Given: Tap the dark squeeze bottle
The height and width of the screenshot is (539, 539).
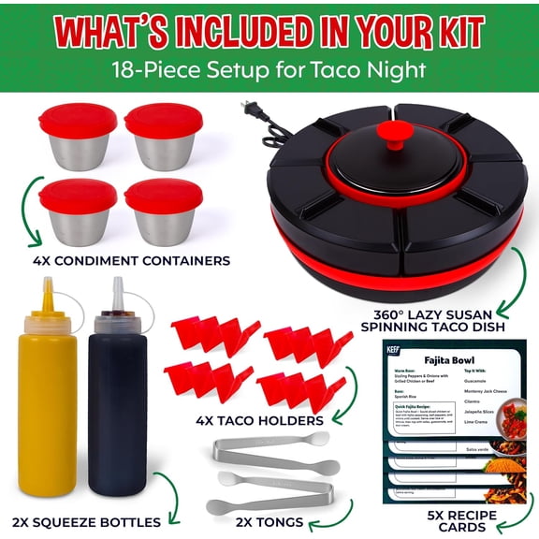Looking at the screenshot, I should pos(117,412).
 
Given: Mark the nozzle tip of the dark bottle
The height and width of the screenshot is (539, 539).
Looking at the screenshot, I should pos(118,283).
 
